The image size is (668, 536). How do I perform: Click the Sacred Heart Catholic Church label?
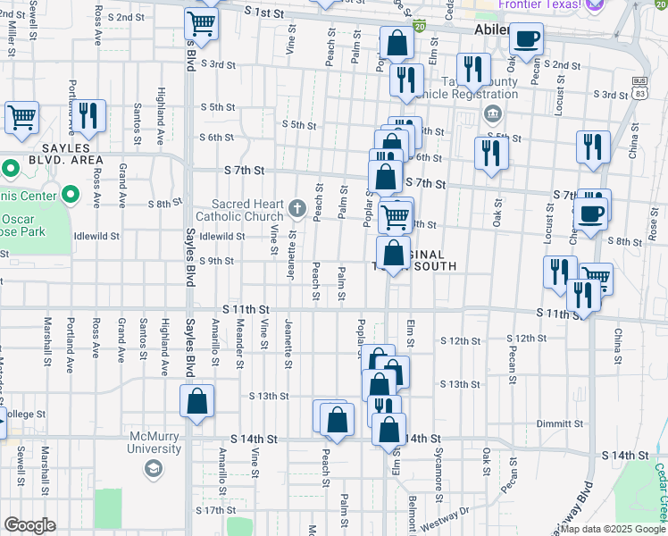(246, 211)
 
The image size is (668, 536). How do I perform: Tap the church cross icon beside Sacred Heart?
(298, 210)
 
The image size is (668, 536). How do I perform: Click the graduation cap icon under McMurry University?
(154, 467)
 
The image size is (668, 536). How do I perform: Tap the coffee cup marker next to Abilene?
(526, 38)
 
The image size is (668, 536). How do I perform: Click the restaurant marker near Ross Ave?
(89, 116)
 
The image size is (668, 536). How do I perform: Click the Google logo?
(29, 525)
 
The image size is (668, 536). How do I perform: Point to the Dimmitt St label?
(560, 423)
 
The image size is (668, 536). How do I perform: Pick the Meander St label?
(239, 344)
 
